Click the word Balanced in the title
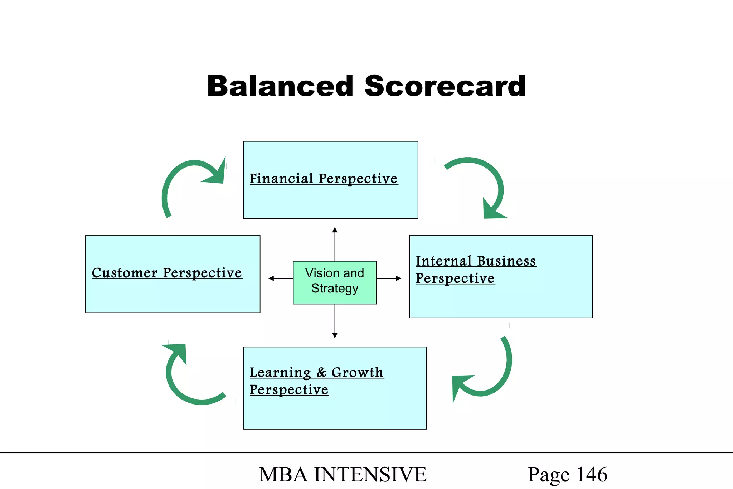coord(280,86)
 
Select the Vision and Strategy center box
coord(335,282)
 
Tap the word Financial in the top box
coord(281,178)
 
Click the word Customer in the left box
coord(125,273)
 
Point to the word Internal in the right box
coord(443,261)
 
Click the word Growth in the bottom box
coord(357,372)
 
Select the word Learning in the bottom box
coord(280,372)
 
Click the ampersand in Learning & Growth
coord(321,372)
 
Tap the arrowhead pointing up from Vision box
coord(335,230)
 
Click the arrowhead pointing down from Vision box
coord(335,335)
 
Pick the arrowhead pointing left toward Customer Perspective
coord(271,278)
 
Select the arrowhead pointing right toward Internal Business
coord(398,278)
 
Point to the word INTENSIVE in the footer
coord(370,475)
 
